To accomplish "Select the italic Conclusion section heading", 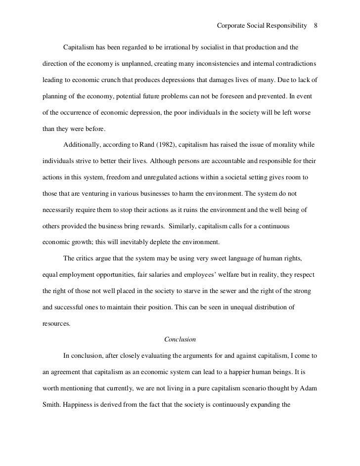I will tap(180, 339).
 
